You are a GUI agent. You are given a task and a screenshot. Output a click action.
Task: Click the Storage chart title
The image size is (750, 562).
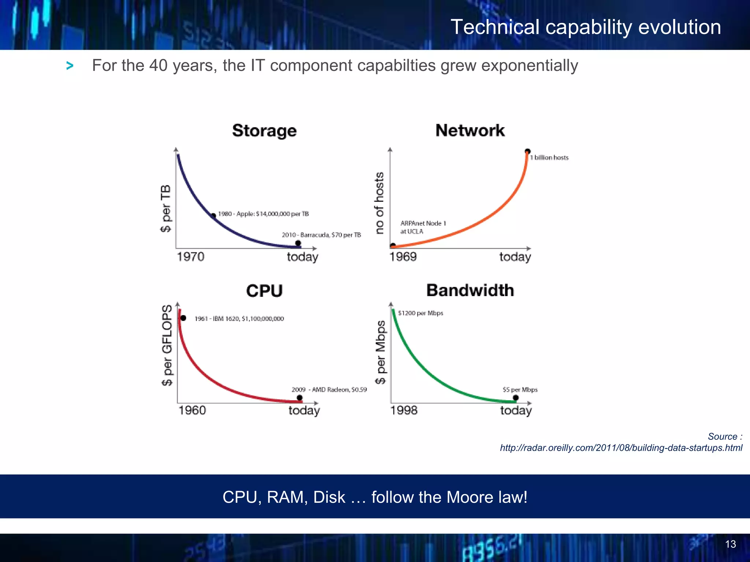264,131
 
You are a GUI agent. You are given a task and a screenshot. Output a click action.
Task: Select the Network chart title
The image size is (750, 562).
470,130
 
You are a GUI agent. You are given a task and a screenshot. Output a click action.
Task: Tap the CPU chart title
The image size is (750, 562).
264,291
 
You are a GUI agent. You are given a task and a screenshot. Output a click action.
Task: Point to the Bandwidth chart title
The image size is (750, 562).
470,290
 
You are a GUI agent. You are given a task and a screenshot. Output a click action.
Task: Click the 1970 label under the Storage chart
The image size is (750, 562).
190,256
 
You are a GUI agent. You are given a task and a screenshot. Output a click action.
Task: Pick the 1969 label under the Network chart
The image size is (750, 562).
403,256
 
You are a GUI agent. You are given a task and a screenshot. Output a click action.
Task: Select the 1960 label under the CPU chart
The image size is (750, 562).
192,410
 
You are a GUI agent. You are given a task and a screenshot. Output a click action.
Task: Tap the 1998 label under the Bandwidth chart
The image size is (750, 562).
404,410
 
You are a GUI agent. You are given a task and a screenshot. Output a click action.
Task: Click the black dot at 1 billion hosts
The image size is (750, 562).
527,151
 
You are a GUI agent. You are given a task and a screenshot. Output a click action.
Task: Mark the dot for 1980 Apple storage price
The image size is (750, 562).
214,216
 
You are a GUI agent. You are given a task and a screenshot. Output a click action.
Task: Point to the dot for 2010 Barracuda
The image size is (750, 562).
298,243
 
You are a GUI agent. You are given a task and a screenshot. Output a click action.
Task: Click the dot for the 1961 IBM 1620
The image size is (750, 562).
183,318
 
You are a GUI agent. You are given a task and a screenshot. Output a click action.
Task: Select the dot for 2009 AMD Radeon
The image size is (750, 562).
300,398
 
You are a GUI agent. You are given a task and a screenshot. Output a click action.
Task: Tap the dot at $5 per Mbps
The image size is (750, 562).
516,398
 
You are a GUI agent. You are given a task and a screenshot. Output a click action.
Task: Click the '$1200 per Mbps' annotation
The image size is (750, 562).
420,313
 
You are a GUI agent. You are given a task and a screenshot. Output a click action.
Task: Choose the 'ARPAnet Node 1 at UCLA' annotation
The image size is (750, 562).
423,227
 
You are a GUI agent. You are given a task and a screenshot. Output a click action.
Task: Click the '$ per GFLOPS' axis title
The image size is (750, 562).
167,345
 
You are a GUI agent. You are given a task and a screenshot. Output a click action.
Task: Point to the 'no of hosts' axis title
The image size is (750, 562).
380,203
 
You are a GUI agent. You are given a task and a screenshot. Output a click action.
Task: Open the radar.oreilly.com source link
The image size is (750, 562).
621,448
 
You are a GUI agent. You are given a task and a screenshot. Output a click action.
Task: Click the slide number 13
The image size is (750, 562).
730,544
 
